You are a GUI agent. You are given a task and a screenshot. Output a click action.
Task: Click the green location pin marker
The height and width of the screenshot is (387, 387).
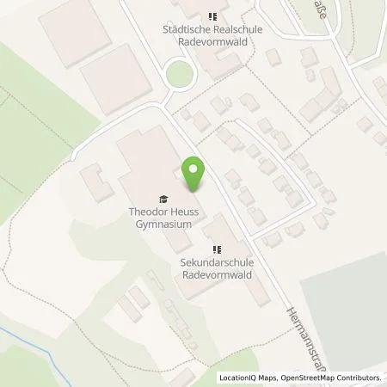coord(194,175)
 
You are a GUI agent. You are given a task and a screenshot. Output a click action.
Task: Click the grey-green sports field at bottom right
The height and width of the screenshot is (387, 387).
coord(344,310)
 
